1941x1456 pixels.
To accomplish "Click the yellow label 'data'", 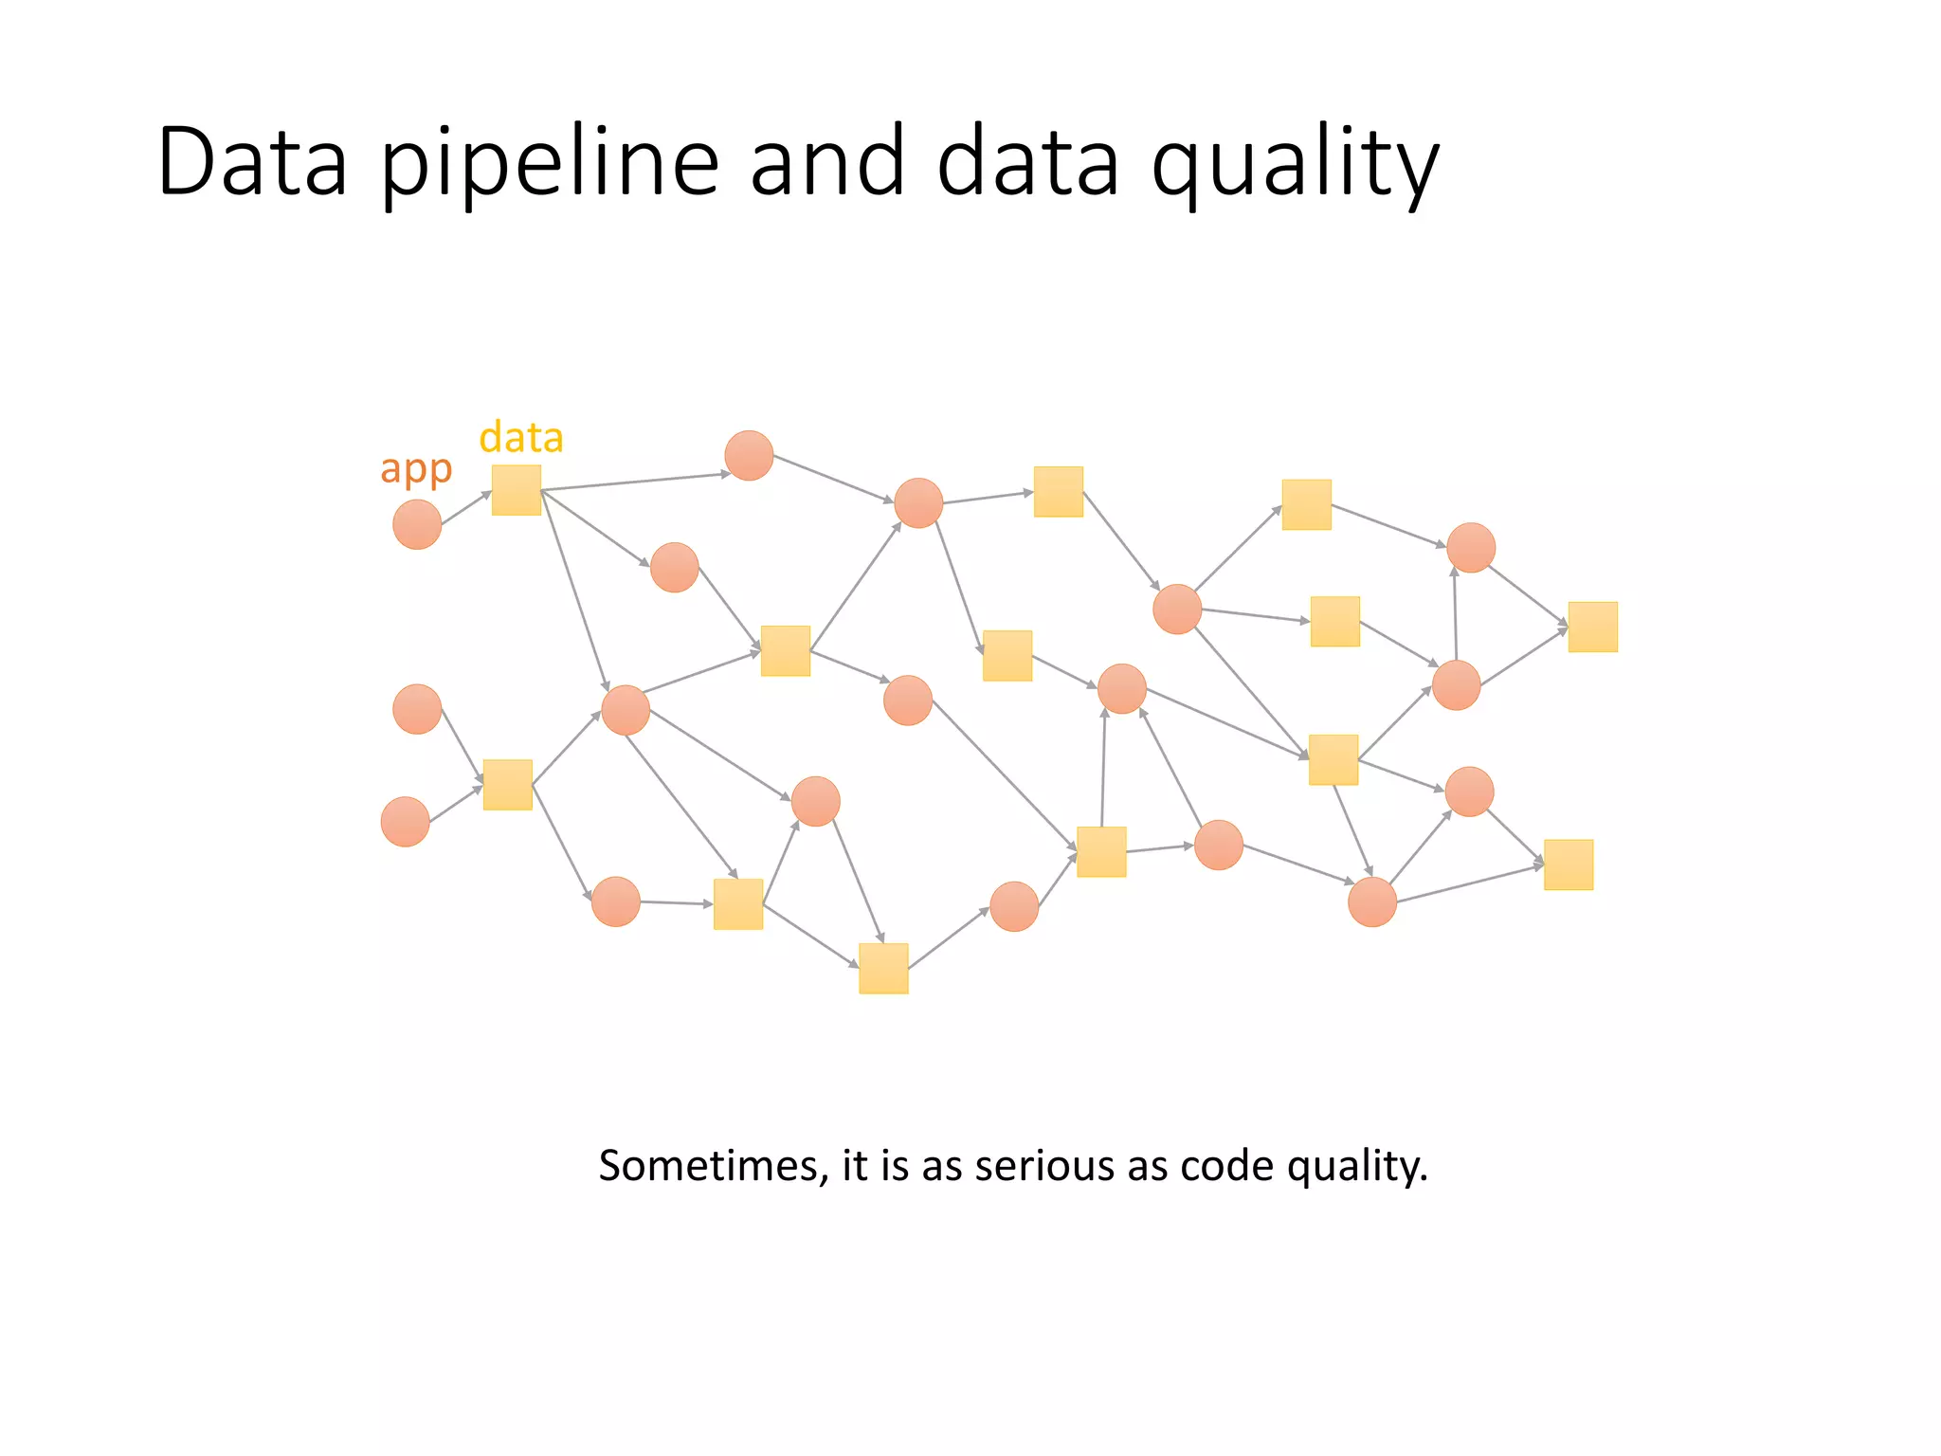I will coord(521,438).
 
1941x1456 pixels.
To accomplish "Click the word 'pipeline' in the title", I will coord(550,163).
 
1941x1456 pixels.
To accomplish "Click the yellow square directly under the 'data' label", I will coord(517,490).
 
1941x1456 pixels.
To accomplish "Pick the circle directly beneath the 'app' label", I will coord(417,524).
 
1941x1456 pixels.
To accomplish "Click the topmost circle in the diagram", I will coord(749,455).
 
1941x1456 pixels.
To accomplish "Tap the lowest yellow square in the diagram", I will coord(883,968).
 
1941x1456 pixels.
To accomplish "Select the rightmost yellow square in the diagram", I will coord(1592,627).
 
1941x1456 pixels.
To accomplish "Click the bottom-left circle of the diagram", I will coord(406,821).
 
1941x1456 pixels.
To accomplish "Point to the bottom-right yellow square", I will coord(1568,864).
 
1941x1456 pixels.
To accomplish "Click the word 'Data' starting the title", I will coord(252,163).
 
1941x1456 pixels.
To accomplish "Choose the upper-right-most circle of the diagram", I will coord(1471,548).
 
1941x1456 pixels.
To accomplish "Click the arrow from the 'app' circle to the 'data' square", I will coord(466,508).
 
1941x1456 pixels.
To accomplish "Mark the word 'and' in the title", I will coord(826,163).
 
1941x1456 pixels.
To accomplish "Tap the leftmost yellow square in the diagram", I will coord(507,785).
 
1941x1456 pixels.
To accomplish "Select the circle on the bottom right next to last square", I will coord(1372,901).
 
